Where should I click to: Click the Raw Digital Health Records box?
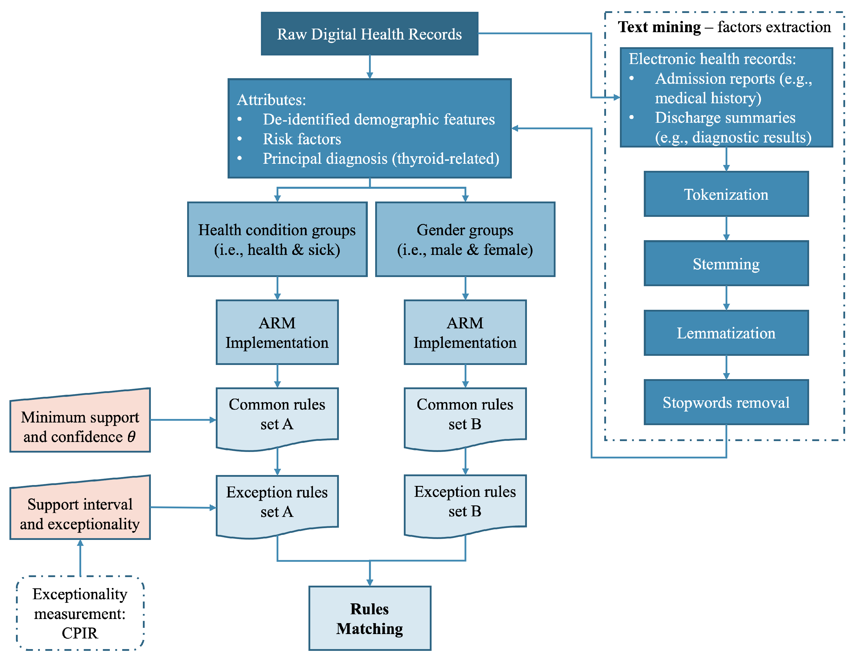click(x=369, y=34)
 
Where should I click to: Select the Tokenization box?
click(x=726, y=194)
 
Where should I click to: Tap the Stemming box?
click(x=726, y=263)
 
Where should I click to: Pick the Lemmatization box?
click(x=726, y=333)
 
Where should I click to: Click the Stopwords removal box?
click(x=726, y=402)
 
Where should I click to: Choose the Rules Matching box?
click(x=369, y=618)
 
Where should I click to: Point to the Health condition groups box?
click(x=277, y=239)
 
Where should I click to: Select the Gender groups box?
click(x=465, y=239)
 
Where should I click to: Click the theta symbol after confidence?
click(x=131, y=436)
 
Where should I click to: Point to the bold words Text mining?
click(x=659, y=27)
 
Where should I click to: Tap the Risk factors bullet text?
click(x=301, y=139)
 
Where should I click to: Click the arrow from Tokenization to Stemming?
click(x=726, y=229)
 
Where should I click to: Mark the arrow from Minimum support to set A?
click(x=183, y=420)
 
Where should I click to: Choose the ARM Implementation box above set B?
click(x=465, y=332)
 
